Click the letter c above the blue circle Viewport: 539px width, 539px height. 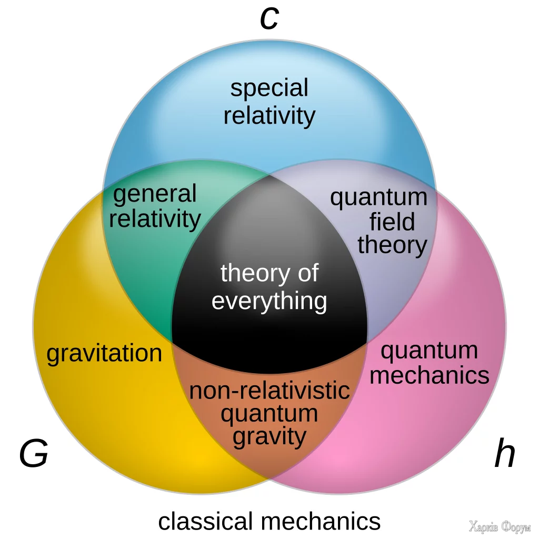(269, 19)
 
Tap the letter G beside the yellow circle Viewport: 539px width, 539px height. (34, 455)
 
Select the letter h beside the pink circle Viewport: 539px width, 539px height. (504, 454)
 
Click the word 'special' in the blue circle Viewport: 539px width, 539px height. (269, 88)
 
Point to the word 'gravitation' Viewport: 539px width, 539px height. (104, 354)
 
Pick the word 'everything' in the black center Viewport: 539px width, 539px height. (269, 302)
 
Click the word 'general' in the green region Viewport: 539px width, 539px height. (155, 195)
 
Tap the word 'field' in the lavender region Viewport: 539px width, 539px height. (392, 222)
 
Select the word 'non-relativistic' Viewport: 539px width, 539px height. (269, 391)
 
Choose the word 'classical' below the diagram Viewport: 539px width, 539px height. (205, 521)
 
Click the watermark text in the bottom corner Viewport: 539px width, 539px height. (499, 526)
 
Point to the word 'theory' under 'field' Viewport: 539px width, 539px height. (392, 245)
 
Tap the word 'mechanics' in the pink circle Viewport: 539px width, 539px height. (430, 375)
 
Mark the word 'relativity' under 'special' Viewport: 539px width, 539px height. (269, 115)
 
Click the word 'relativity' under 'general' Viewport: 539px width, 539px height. (155, 218)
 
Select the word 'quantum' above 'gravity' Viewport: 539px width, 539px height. (269, 414)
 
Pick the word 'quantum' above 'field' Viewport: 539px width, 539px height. (378, 198)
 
